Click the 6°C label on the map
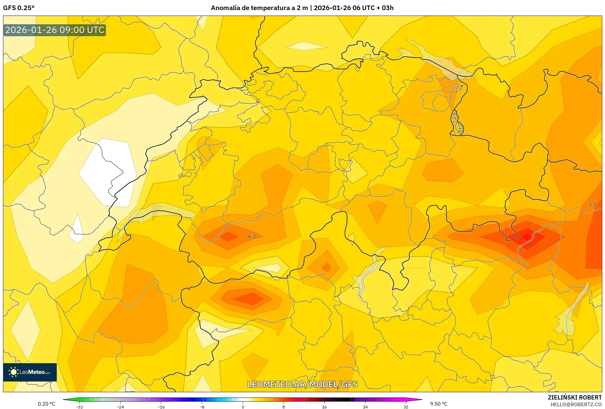pyautogui.click(x=252, y=236)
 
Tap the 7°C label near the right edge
pyautogui.click(x=593, y=205)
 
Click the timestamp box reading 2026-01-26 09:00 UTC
pyautogui.click(x=55, y=30)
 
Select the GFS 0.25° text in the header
pyautogui.click(x=19, y=8)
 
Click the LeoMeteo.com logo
pyautogui.click(x=30, y=372)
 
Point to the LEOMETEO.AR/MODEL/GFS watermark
pyautogui.click(x=302, y=384)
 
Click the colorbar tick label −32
pyautogui.click(x=79, y=407)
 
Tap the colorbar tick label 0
pyautogui.click(x=243, y=407)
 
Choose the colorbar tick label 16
pyautogui.click(x=324, y=407)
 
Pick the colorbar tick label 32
pyautogui.click(x=406, y=407)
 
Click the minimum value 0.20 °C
pyautogui.click(x=46, y=404)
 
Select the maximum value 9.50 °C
pyautogui.click(x=439, y=404)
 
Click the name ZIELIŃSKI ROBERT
pyautogui.click(x=575, y=397)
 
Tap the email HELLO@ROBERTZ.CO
pyautogui.click(x=576, y=404)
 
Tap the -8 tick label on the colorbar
pyautogui.click(x=202, y=407)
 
